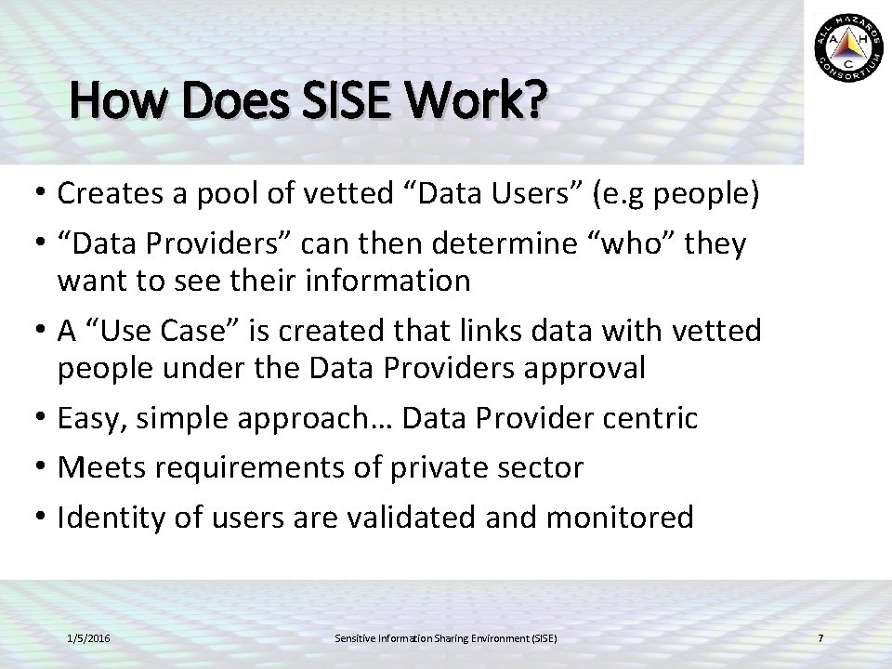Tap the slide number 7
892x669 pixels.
pos(820,638)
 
